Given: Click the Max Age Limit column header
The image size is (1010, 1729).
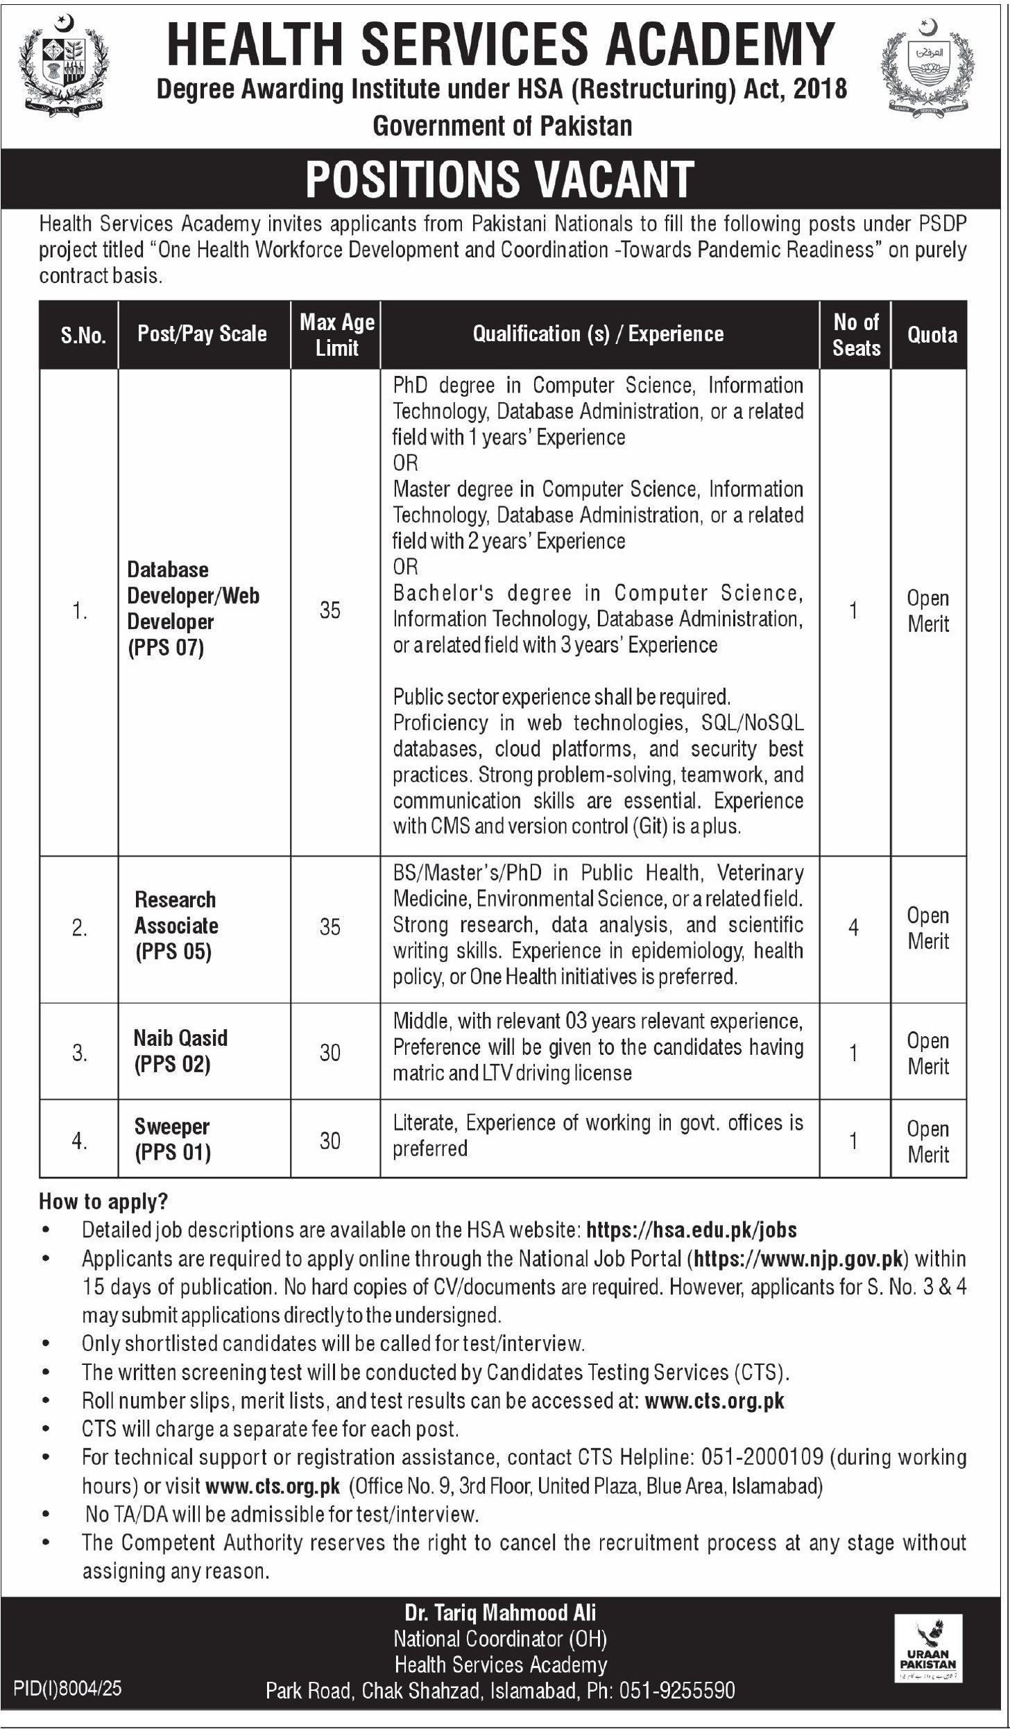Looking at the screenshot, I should point(336,334).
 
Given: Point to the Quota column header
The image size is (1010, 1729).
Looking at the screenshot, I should point(932,335).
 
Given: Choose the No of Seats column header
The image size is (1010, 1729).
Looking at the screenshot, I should point(856,334).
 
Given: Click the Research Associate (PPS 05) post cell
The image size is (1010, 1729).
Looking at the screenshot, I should point(176,926).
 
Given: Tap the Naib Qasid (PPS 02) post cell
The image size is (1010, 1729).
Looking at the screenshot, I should point(180,1051).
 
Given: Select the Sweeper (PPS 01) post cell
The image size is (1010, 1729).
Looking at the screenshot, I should point(172,1139).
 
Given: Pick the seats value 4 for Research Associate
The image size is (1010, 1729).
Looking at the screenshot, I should point(853,927).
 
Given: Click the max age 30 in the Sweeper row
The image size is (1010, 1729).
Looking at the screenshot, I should point(330,1140).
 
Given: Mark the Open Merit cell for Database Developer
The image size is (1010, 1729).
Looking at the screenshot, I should point(928,611).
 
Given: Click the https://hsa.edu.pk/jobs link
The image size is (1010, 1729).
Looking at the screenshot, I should point(692,1230).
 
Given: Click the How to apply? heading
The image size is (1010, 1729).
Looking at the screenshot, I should point(103,1201).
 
